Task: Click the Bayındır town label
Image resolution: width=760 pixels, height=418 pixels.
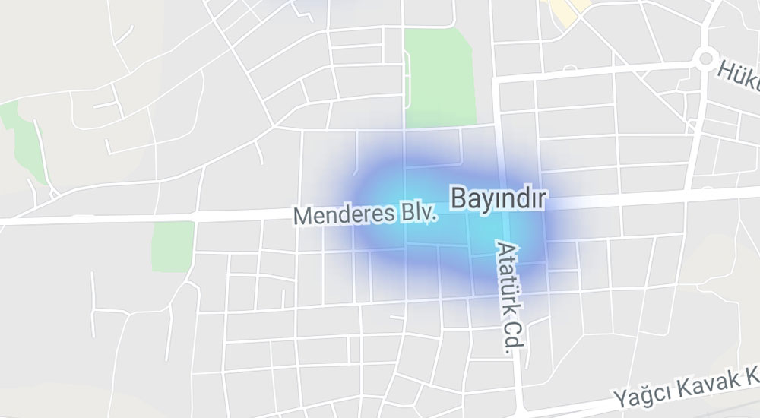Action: (x=499, y=198)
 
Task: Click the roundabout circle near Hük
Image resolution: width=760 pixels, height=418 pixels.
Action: (x=706, y=58)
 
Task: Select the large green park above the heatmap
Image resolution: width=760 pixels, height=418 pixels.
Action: (x=439, y=76)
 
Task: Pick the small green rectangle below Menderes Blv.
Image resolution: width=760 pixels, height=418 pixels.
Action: (x=173, y=246)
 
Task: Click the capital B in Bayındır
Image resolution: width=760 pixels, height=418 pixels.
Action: (x=458, y=198)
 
